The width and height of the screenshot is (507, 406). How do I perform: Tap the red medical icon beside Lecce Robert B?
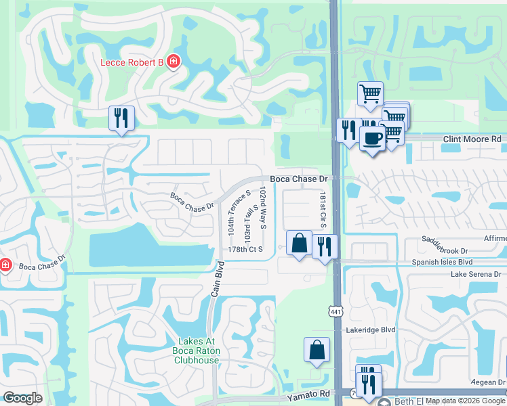click(x=174, y=62)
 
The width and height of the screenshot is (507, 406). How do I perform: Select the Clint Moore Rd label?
click(x=472, y=139)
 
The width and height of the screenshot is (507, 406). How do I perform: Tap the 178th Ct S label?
click(x=245, y=249)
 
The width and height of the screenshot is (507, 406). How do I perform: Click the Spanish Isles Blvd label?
click(x=441, y=261)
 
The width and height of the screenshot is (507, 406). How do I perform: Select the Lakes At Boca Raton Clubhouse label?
click(x=199, y=351)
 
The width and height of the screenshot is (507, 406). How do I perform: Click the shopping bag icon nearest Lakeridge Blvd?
click(x=317, y=350)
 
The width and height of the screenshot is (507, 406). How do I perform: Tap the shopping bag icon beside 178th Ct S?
click(x=299, y=243)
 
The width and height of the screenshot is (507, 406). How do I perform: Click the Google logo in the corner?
click(x=22, y=398)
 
